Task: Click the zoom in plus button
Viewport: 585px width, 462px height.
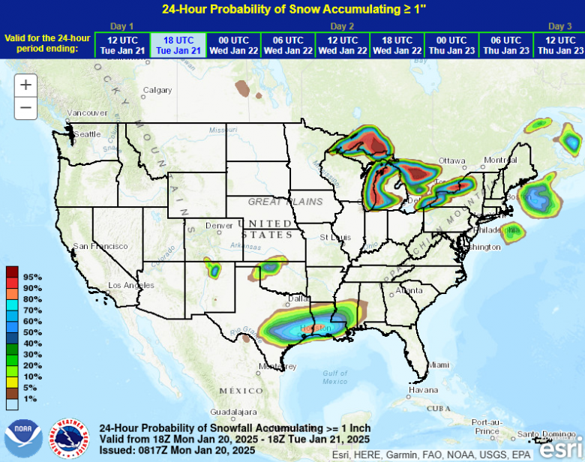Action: point(25,85)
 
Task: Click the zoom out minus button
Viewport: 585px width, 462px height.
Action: point(25,108)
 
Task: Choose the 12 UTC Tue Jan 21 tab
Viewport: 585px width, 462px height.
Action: point(122,45)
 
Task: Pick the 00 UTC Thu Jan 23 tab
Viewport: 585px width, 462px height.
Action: point(451,45)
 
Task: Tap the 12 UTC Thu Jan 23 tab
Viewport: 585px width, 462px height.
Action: point(559,45)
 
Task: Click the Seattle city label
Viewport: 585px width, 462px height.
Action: point(86,134)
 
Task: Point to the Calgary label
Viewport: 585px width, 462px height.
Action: point(157,90)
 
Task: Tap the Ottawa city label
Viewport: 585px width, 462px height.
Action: point(452,161)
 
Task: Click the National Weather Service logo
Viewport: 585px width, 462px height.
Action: point(69,439)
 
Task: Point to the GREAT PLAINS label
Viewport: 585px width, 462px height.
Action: point(285,202)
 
